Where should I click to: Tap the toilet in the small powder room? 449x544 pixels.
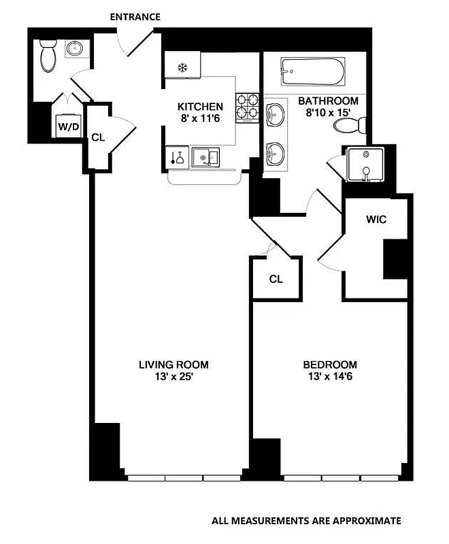coord(48,56)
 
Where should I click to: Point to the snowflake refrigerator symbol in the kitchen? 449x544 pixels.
coord(182,67)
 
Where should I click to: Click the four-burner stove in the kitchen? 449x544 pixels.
coord(247,106)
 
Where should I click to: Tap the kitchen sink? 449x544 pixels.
coord(205,158)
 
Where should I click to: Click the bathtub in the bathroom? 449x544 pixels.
coord(312,70)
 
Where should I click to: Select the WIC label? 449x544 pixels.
coord(376,220)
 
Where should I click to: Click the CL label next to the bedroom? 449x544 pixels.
coord(276,279)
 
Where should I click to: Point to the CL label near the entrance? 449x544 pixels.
coord(98,137)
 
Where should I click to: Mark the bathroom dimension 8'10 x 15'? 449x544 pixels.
coord(328,113)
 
